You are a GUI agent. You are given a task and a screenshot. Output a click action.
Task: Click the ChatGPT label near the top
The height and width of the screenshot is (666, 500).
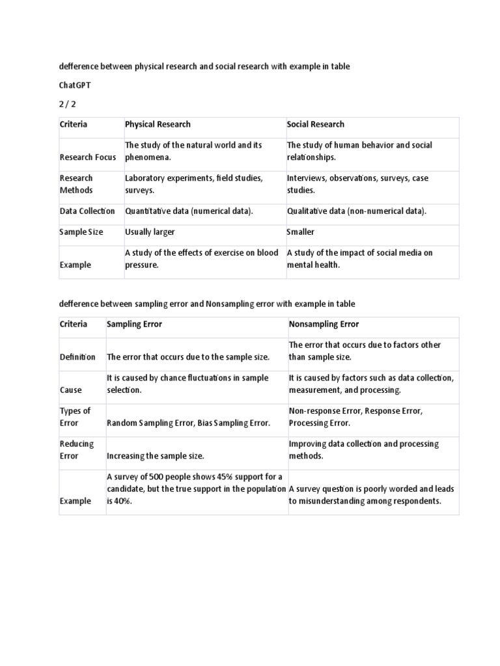(x=75, y=85)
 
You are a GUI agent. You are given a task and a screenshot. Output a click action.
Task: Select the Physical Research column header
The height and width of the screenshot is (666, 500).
(x=158, y=124)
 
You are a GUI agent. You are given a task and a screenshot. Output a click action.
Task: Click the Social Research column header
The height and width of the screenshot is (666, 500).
(x=316, y=124)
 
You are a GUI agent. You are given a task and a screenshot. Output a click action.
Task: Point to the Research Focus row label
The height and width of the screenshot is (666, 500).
(x=88, y=157)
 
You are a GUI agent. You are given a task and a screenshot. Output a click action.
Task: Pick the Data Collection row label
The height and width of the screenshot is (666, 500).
(x=87, y=211)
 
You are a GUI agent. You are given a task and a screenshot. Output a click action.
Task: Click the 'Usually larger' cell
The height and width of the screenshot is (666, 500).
(x=150, y=232)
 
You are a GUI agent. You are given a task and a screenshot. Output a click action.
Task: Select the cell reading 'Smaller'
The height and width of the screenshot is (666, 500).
(x=300, y=232)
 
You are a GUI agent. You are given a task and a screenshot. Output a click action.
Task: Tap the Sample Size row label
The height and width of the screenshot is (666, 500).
(x=81, y=232)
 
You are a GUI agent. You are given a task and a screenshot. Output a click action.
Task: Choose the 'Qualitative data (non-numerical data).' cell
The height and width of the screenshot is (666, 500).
(x=357, y=211)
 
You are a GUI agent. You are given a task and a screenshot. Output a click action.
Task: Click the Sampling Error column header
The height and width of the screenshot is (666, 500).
(x=134, y=324)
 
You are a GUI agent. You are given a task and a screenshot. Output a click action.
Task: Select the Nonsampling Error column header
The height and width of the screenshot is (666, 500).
(x=324, y=324)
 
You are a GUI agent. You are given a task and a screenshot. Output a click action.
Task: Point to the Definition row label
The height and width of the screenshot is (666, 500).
(x=77, y=357)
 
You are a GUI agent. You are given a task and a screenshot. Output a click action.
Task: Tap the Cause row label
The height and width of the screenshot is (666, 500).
(x=71, y=390)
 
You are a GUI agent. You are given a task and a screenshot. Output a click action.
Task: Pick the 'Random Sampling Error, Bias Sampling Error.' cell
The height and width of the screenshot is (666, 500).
(x=188, y=423)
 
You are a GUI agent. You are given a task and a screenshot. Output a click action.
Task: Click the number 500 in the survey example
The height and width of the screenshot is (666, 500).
(x=163, y=477)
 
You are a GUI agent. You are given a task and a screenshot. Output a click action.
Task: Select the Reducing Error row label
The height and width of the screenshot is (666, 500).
(x=77, y=450)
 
